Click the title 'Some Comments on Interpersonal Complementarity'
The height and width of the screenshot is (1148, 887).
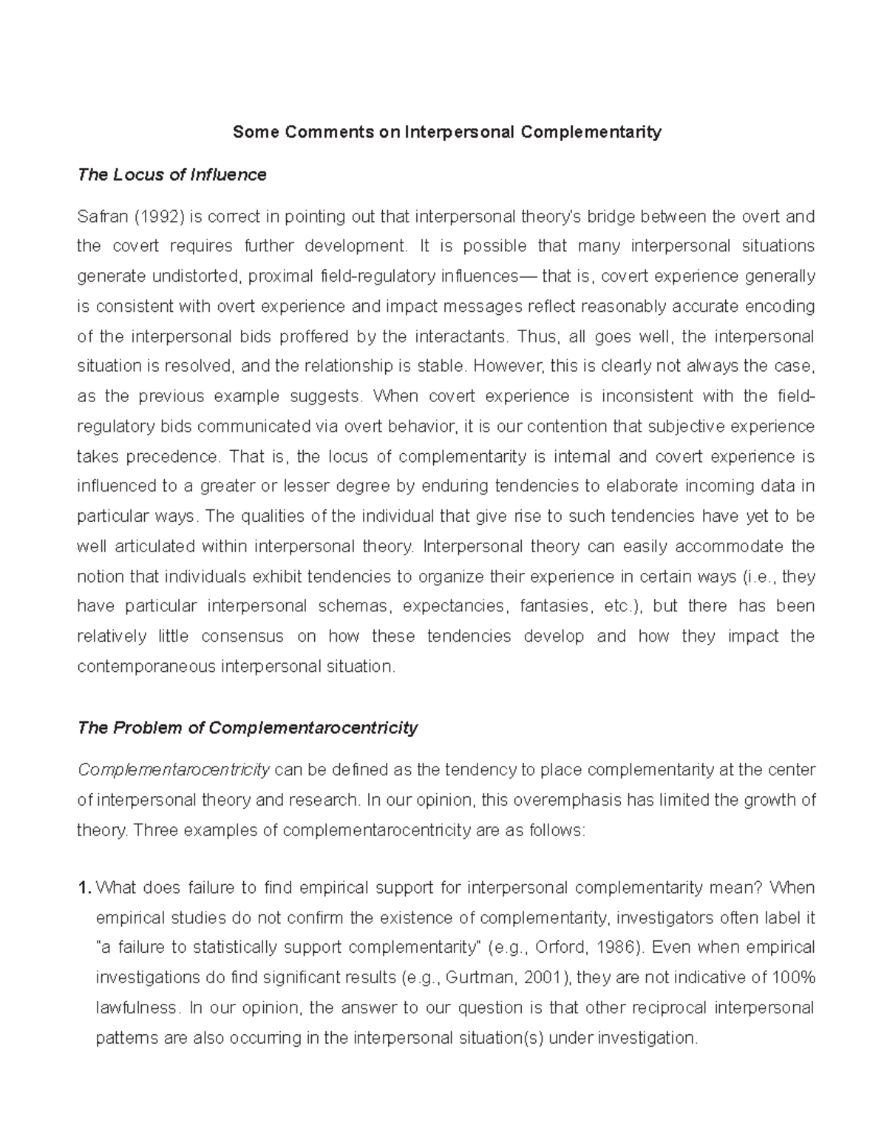[x=446, y=132]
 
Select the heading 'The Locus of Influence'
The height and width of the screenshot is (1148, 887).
[x=171, y=175]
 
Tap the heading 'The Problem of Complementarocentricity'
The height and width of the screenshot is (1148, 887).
[x=248, y=728]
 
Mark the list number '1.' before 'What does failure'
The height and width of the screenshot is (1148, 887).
[x=84, y=888]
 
